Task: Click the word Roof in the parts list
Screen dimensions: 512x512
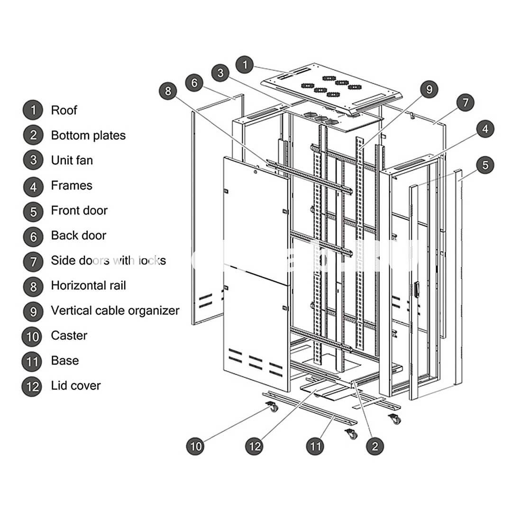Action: [x=64, y=110]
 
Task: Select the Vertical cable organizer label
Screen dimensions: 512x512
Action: [x=115, y=311]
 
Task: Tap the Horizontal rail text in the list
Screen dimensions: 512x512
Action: [x=88, y=285]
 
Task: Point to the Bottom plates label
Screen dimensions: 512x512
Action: [x=88, y=136]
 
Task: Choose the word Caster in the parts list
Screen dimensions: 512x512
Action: [x=69, y=336]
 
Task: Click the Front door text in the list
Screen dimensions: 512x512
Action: [x=79, y=210]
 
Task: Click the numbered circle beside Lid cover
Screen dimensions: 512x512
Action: [x=33, y=386]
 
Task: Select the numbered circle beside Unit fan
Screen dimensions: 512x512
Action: [x=33, y=160]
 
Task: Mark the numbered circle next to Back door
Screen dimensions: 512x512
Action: [x=33, y=236]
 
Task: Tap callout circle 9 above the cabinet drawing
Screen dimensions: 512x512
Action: [x=429, y=89]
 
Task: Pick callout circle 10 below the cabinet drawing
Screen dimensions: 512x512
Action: [x=196, y=446]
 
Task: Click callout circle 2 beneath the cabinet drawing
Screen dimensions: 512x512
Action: [x=375, y=446]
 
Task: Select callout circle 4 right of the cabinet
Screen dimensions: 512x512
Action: [x=485, y=129]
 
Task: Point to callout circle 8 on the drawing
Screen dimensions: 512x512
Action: [x=168, y=90]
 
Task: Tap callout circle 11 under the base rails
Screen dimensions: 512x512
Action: [x=316, y=446]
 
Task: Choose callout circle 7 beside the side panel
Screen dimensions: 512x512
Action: [x=465, y=102]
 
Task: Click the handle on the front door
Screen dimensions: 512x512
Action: [x=417, y=289]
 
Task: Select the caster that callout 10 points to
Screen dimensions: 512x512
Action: [x=272, y=407]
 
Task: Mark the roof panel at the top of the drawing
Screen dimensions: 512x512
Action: [x=332, y=85]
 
